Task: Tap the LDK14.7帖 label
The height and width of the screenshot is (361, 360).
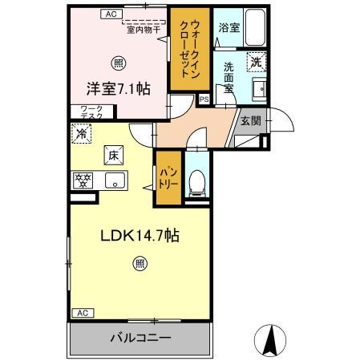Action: click(x=139, y=237)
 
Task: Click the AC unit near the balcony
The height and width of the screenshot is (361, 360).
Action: click(x=81, y=312)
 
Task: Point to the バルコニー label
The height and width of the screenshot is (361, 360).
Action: click(x=140, y=339)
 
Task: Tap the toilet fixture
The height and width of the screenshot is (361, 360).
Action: click(x=196, y=184)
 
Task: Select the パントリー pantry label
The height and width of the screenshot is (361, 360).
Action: click(x=168, y=177)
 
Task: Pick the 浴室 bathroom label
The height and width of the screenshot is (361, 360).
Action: click(x=229, y=27)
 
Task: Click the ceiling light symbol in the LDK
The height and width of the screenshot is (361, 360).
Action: click(x=140, y=262)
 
